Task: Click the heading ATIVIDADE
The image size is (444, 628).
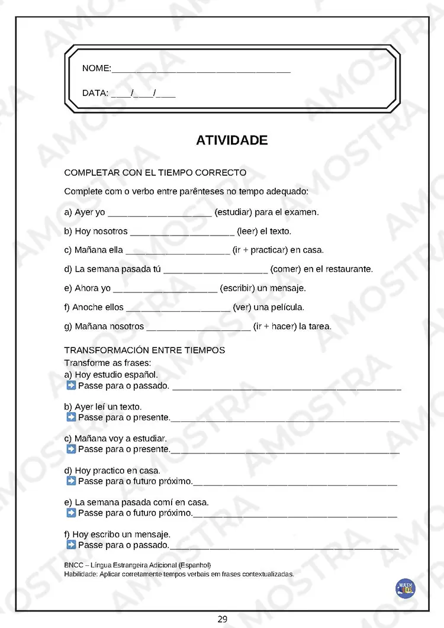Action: (x=231, y=140)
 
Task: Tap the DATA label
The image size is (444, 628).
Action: (x=95, y=93)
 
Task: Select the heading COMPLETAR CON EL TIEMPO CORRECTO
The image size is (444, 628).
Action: (x=155, y=173)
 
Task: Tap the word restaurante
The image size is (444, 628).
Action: (x=348, y=269)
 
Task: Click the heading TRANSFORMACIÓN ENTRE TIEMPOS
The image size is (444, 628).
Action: (x=144, y=350)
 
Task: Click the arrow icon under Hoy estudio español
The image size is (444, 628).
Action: (x=71, y=386)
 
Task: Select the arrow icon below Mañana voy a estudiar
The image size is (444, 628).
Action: (x=71, y=449)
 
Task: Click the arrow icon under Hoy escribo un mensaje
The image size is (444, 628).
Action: (x=71, y=545)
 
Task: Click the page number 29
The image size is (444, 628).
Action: (x=222, y=619)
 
